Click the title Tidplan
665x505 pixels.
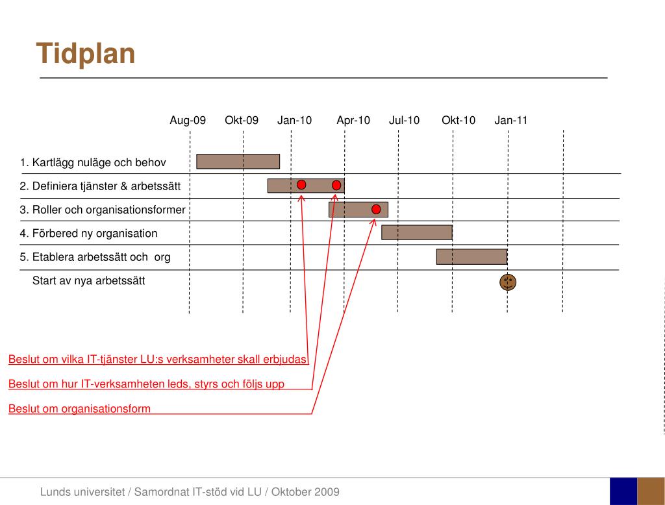[x=86, y=54]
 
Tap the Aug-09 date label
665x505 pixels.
[x=188, y=121]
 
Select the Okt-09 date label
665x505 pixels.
[x=242, y=121]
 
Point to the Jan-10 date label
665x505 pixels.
[x=294, y=121]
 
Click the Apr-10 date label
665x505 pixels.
[x=353, y=121]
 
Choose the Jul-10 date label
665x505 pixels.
[x=404, y=121]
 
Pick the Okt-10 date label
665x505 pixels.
[x=458, y=121]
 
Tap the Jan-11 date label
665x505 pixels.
[x=511, y=121]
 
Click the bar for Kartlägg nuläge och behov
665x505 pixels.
[x=238, y=162]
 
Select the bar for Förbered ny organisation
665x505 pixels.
[x=416, y=232]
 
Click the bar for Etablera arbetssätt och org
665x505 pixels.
[x=471, y=257]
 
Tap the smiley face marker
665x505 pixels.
[x=508, y=282]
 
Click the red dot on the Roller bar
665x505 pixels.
[x=376, y=209]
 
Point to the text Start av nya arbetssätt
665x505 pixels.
[x=88, y=281]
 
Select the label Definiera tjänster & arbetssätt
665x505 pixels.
[x=100, y=187]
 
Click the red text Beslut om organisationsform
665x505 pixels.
[x=79, y=409]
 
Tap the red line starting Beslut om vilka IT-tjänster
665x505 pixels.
[x=158, y=360]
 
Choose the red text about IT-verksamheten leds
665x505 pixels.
[x=146, y=384]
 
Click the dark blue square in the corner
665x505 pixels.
[x=623, y=491]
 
